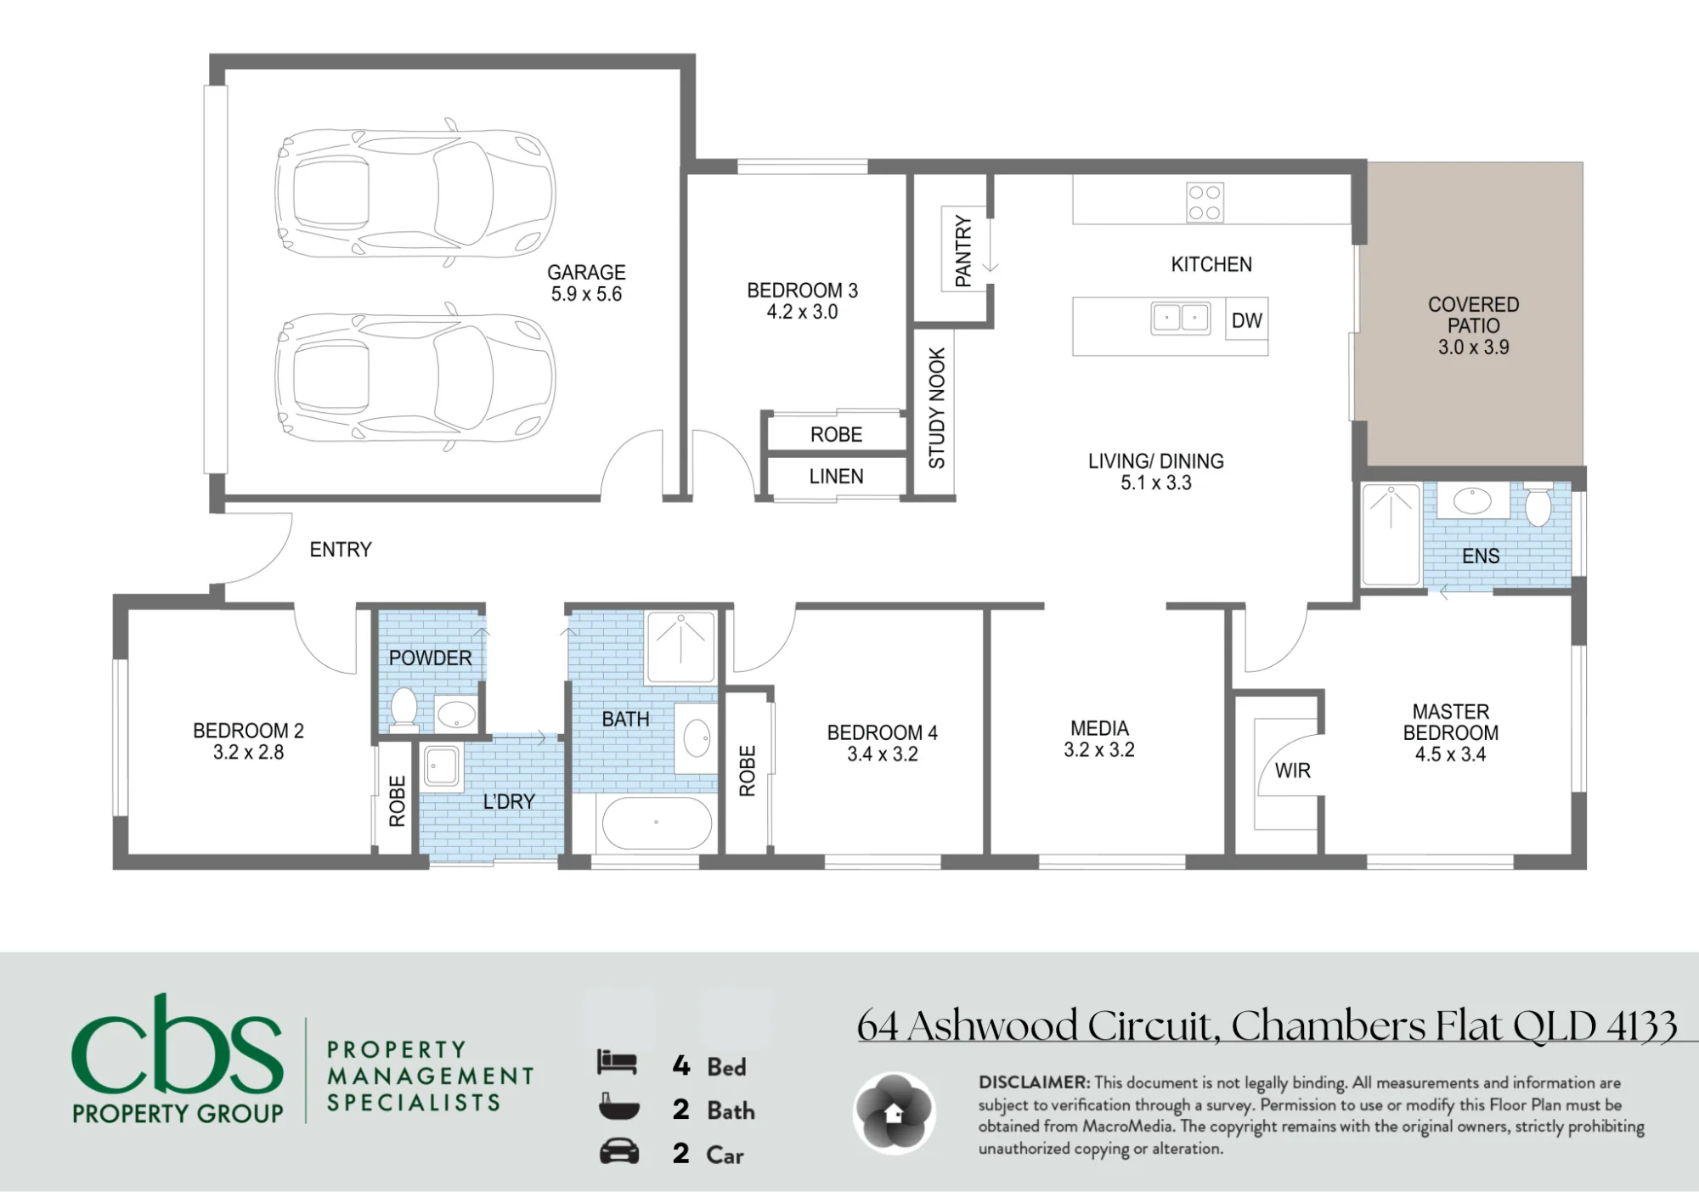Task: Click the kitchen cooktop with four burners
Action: coord(1205,202)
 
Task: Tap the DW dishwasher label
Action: coord(1246,320)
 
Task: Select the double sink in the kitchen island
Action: coord(1180,318)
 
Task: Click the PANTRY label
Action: coord(963,251)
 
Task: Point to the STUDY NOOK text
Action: coord(937,408)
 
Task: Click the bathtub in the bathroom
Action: coord(656,822)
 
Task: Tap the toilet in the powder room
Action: coord(404,709)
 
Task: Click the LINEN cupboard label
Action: coord(836,477)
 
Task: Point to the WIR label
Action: coord(1292,771)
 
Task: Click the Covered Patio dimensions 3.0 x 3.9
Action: coord(1473,347)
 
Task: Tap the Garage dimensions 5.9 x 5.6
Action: coord(586,294)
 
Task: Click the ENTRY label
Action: coord(341,550)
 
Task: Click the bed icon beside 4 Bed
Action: coord(617,1062)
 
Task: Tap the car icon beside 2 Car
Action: coord(619,1152)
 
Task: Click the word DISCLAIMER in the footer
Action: coord(1034,1082)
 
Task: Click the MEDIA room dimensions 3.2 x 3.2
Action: coord(1099,749)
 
